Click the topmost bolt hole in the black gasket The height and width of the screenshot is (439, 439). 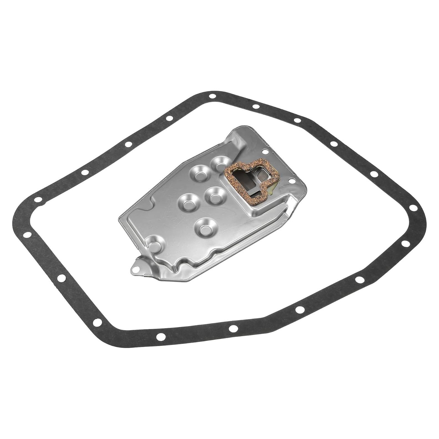click(x=212, y=96)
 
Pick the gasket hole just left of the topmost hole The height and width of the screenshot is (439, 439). click(x=169, y=119)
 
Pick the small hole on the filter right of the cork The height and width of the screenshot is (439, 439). click(x=291, y=181)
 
